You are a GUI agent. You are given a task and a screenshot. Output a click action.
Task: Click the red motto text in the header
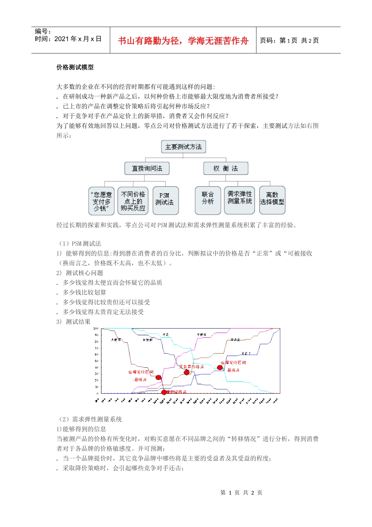pos(183,41)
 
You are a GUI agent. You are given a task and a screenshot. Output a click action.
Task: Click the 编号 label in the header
pos(43,31)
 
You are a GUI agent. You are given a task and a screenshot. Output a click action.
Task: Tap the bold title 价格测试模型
pos(75,67)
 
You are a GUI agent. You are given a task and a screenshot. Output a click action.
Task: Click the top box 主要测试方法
pos(183,147)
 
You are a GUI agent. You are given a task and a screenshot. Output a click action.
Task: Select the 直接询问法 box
pos(147,169)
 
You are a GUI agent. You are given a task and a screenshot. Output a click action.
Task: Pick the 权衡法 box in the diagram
pos(226,169)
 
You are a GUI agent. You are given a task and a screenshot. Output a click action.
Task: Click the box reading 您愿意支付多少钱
pos(102,201)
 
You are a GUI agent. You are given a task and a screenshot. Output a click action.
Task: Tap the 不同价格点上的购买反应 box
pos(133,201)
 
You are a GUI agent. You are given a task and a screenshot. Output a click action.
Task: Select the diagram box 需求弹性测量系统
pos(240,200)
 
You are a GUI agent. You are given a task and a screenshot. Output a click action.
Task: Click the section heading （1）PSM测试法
pos(79,244)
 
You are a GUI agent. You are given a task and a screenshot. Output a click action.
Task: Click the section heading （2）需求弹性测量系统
pos(89,419)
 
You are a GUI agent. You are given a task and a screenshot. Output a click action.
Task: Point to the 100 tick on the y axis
pos(96,329)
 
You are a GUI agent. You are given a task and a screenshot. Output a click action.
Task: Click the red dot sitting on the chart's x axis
pos(164,392)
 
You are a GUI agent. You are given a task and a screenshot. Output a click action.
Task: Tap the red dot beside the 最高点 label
pos(220,368)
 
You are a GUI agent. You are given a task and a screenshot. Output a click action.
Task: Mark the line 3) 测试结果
pos(74,322)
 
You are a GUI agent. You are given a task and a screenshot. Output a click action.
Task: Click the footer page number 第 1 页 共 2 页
pos(241,492)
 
